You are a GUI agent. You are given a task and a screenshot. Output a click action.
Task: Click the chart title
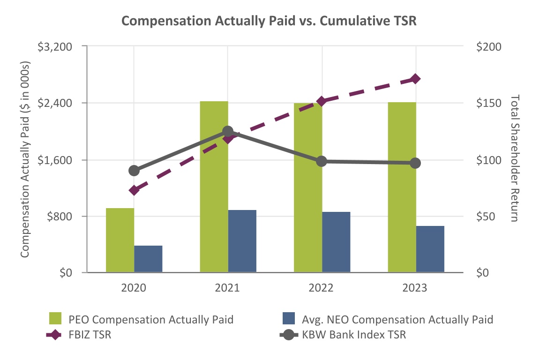click(x=270, y=21)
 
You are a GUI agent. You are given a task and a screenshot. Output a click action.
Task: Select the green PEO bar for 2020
click(x=120, y=240)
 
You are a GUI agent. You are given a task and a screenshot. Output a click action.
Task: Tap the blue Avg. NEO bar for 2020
click(x=148, y=259)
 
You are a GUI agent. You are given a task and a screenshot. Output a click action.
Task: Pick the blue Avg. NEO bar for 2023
click(x=430, y=249)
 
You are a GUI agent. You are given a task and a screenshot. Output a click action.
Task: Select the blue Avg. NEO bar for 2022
click(x=336, y=242)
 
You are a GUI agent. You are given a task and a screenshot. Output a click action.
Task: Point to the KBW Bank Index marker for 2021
click(x=228, y=131)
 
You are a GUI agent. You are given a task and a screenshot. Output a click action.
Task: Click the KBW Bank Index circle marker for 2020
click(x=134, y=170)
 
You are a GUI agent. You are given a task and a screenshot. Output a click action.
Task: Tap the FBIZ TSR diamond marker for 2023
click(x=415, y=79)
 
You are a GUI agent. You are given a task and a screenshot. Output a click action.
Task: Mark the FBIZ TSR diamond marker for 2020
click(x=134, y=190)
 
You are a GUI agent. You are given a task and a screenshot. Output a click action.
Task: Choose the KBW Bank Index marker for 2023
click(x=415, y=163)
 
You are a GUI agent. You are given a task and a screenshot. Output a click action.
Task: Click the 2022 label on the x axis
click(x=321, y=288)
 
